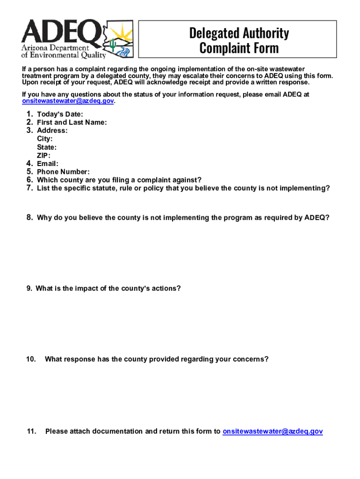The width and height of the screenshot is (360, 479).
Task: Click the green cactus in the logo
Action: (113, 45)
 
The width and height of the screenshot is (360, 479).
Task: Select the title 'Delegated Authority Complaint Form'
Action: (239, 40)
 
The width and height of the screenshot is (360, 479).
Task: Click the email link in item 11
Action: (273, 431)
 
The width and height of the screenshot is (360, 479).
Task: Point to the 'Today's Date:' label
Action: (60, 114)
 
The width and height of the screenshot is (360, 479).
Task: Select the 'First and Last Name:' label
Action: (72, 123)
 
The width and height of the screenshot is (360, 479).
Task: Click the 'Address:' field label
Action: (52, 131)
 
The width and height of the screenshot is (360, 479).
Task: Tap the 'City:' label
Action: (45, 139)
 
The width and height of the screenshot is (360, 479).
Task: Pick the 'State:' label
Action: (47, 147)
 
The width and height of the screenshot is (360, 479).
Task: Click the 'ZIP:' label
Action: (43, 156)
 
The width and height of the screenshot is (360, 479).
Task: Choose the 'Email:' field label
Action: (48, 164)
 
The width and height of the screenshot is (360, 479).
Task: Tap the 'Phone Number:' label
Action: (63, 172)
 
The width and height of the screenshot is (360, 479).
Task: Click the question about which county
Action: (119, 180)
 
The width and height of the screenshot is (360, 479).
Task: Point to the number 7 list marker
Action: (29, 188)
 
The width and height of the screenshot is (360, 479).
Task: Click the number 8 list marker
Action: (29, 218)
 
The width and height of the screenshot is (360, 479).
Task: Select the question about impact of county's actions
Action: (108, 289)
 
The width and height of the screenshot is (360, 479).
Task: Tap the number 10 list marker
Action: (31, 359)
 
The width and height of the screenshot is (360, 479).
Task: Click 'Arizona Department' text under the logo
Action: (55, 49)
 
